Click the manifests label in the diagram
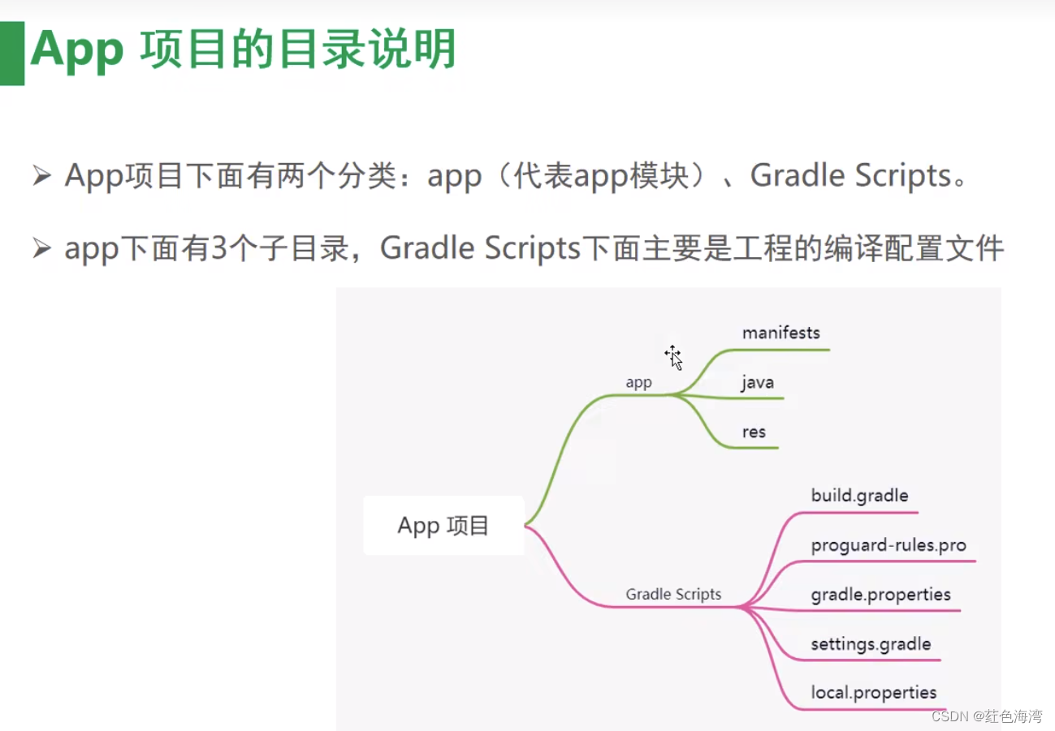click(x=780, y=333)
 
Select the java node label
click(x=757, y=382)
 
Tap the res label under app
click(x=754, y=432)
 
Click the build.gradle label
click(x=859, y=495)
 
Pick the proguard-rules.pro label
click(x=889, y=544)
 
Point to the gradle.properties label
click(x=880, y=595)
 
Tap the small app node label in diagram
click(x=638, y=382)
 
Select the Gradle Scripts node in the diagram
click(x=673, y=594)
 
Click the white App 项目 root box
click(x=443, y=526)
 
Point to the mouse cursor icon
click(x=673, y=356)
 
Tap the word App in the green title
click(x=76, y=50)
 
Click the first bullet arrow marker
click(x=41, y=175)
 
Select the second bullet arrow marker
click(x=41, y=249)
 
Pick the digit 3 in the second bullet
click(x=220, y=249)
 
